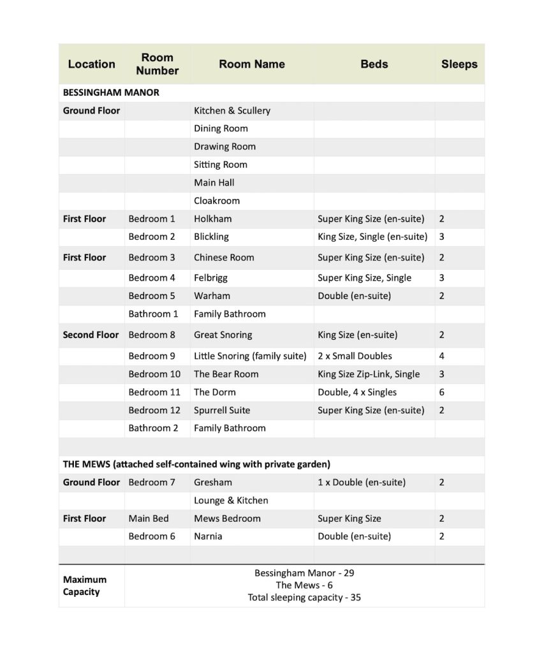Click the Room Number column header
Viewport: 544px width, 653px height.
click(157, 64)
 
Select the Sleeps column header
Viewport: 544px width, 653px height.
click(459, 64)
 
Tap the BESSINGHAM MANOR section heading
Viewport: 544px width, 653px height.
click(111, 92)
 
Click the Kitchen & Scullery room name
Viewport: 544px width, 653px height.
click(232, 110)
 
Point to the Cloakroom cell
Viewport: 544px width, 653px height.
click(217, 200)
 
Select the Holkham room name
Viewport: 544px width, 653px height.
click(213, 219)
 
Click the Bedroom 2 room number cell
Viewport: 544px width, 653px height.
click(152, 237)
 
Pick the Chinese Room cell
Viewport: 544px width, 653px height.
click(224, 258)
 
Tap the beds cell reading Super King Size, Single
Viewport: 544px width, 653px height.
click(364, 277)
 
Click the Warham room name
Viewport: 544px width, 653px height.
click(212, 296)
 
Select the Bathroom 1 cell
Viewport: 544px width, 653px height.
click(153, 314)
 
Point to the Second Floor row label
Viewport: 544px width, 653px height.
click(91, 335)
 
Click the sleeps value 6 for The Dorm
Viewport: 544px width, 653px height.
click(442, 392)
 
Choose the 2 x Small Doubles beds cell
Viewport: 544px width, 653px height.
click(355, 356)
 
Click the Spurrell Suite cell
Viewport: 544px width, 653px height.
click(222, 410)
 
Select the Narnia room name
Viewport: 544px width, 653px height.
click(208, 536)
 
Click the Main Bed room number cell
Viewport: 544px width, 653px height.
click(149, 518)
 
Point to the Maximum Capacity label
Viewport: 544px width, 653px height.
click(85, 585)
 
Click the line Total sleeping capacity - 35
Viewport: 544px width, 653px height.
click(304, 598)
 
